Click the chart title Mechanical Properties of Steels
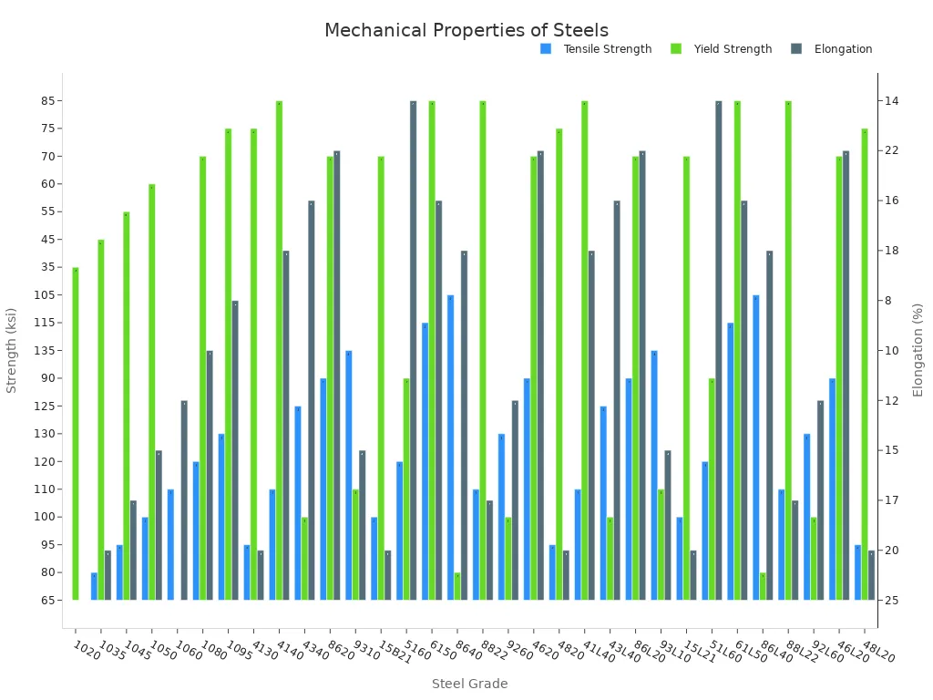pos(466,31)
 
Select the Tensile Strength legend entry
pos(607,49)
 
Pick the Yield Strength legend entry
pos(733,49)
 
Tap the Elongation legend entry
pos(843,49)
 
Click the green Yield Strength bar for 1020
pos(76,434)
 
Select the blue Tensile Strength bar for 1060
pos(170,544)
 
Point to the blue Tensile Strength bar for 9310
pos(348,475)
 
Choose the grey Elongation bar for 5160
pos(413,350)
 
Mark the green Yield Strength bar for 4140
pos(279,350)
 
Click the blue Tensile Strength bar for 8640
pos(450,448)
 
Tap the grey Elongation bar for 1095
pos(235,450)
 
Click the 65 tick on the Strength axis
pos(47,601)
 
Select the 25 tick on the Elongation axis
pos(890,601)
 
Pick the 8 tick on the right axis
pos(887,301)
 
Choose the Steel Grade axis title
pos(469,684)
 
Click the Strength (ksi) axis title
pos(12,350)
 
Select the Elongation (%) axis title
pos(918,350)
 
